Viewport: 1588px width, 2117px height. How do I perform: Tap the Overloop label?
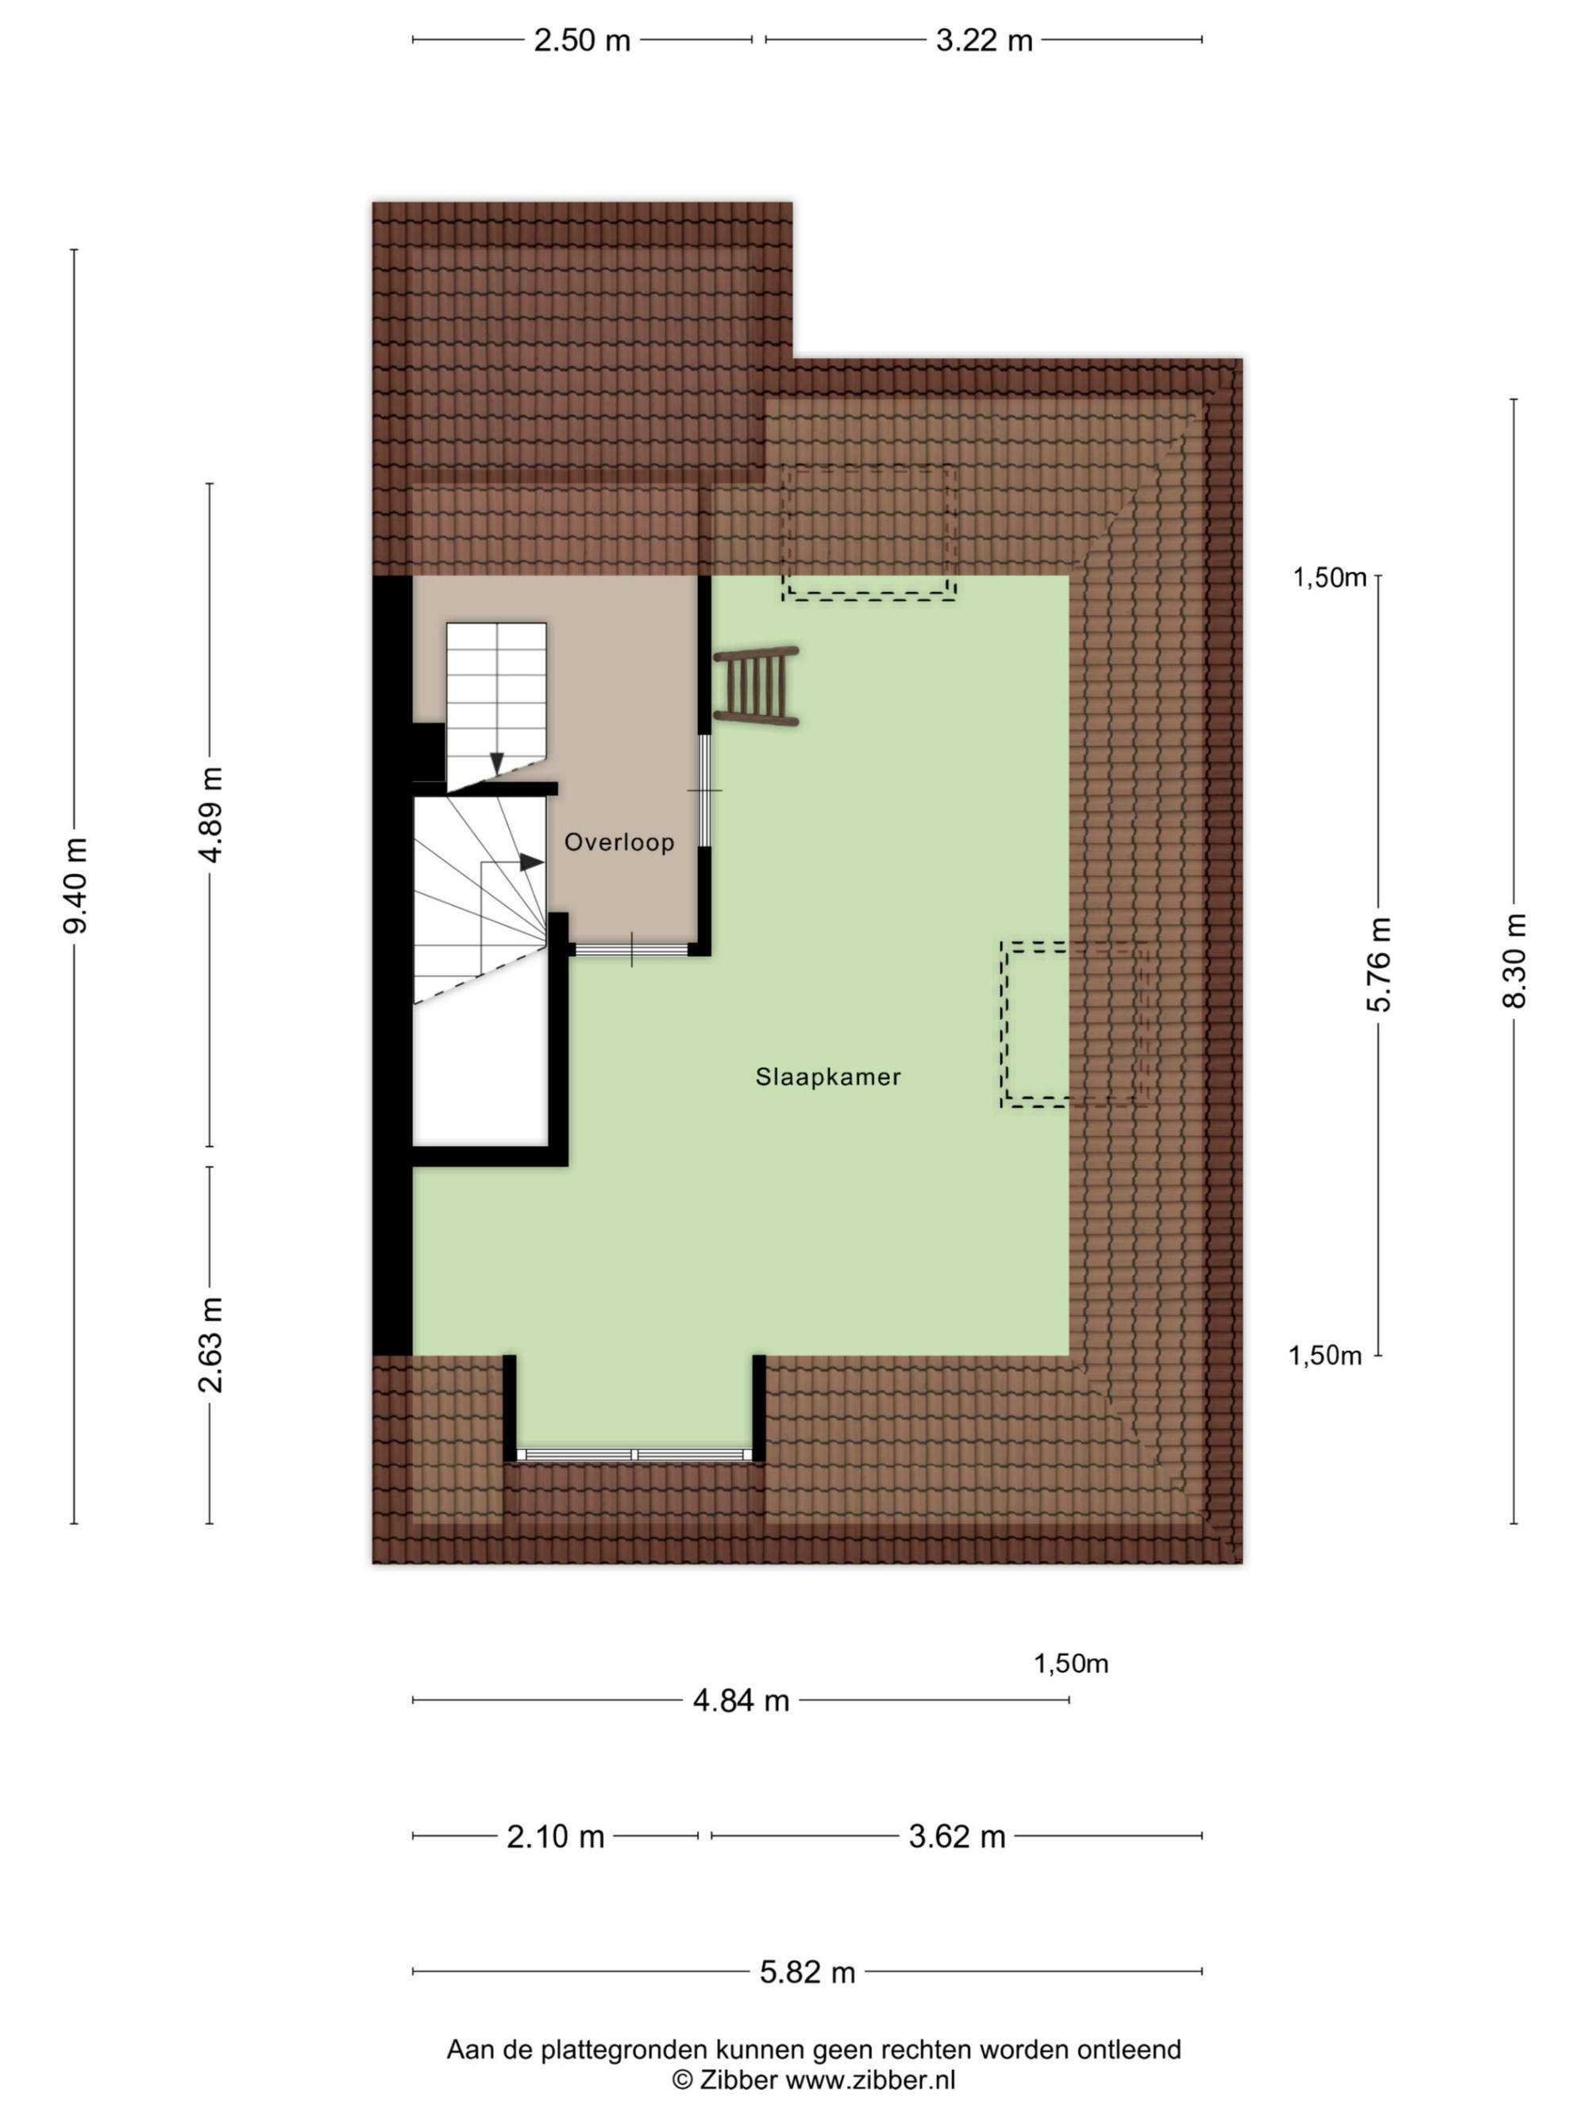619,842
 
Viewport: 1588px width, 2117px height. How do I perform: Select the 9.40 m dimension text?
75,884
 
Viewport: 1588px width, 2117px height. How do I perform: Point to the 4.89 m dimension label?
210,814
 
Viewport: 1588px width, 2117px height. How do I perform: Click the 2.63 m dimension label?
210,1345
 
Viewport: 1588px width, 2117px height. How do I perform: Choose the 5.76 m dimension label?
1378,964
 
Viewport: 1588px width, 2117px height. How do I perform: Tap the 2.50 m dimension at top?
582,40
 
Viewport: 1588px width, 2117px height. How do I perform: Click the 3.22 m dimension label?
984,40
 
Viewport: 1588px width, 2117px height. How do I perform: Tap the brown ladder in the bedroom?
756,686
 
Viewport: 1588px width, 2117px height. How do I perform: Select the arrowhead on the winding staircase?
531,862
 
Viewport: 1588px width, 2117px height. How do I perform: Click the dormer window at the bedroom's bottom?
634,1455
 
